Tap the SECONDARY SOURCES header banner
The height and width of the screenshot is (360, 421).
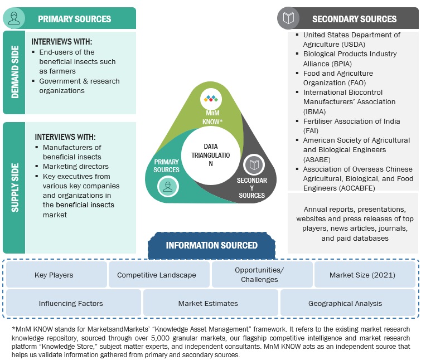coord(354,19)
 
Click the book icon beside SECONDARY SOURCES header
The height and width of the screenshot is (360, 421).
coord(288,18)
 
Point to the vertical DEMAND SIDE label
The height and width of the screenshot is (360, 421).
coord(14,73)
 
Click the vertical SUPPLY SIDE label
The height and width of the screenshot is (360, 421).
coord(14,188)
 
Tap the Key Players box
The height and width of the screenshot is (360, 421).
coord(54,275)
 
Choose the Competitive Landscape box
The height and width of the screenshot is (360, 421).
coord(156,275)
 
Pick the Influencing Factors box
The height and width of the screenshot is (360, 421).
coord(71,303)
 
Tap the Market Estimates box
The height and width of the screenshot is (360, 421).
coord(208,303)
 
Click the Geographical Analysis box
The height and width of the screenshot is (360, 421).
coord(345,303)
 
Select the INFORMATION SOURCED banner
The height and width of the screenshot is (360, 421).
coord(211,245)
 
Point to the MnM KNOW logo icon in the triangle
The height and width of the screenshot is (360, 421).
coord(211,100)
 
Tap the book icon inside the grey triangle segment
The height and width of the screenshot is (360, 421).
coord(254,164)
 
